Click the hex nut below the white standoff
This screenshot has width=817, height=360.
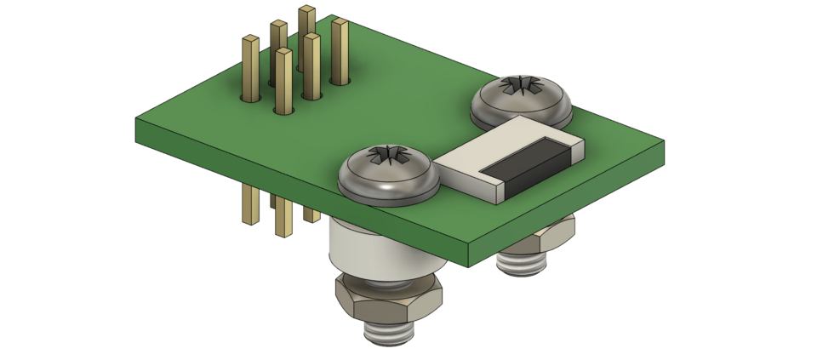[387, 297]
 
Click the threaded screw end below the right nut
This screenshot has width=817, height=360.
[521, 264]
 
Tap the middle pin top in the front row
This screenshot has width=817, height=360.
[283, 53]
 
